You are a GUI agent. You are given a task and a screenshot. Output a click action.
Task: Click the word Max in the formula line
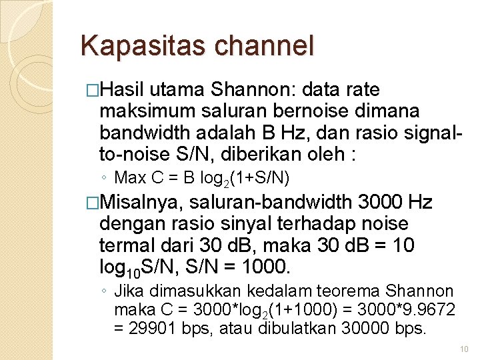coord(129,178)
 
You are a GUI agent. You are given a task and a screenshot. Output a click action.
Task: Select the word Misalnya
coord(143,202)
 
